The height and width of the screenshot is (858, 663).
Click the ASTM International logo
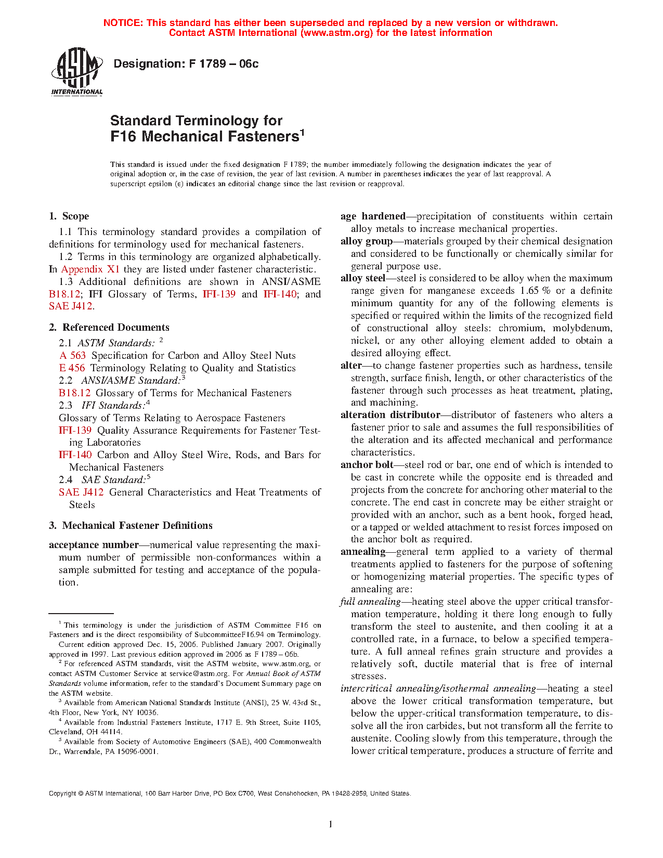76,72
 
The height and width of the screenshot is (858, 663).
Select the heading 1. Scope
69,216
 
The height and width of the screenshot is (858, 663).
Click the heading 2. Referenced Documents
109,328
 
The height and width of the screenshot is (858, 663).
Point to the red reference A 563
72,356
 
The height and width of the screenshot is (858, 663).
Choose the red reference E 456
72,368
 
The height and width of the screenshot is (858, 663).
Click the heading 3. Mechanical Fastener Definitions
131,526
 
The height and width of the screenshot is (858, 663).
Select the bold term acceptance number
94,545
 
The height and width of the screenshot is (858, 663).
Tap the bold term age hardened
373,216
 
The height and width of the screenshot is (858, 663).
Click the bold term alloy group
367,241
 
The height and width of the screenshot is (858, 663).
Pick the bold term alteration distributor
390,415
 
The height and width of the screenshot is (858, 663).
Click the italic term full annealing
370,602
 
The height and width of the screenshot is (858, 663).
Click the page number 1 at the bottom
331,824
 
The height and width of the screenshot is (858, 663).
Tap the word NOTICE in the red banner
123,23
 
